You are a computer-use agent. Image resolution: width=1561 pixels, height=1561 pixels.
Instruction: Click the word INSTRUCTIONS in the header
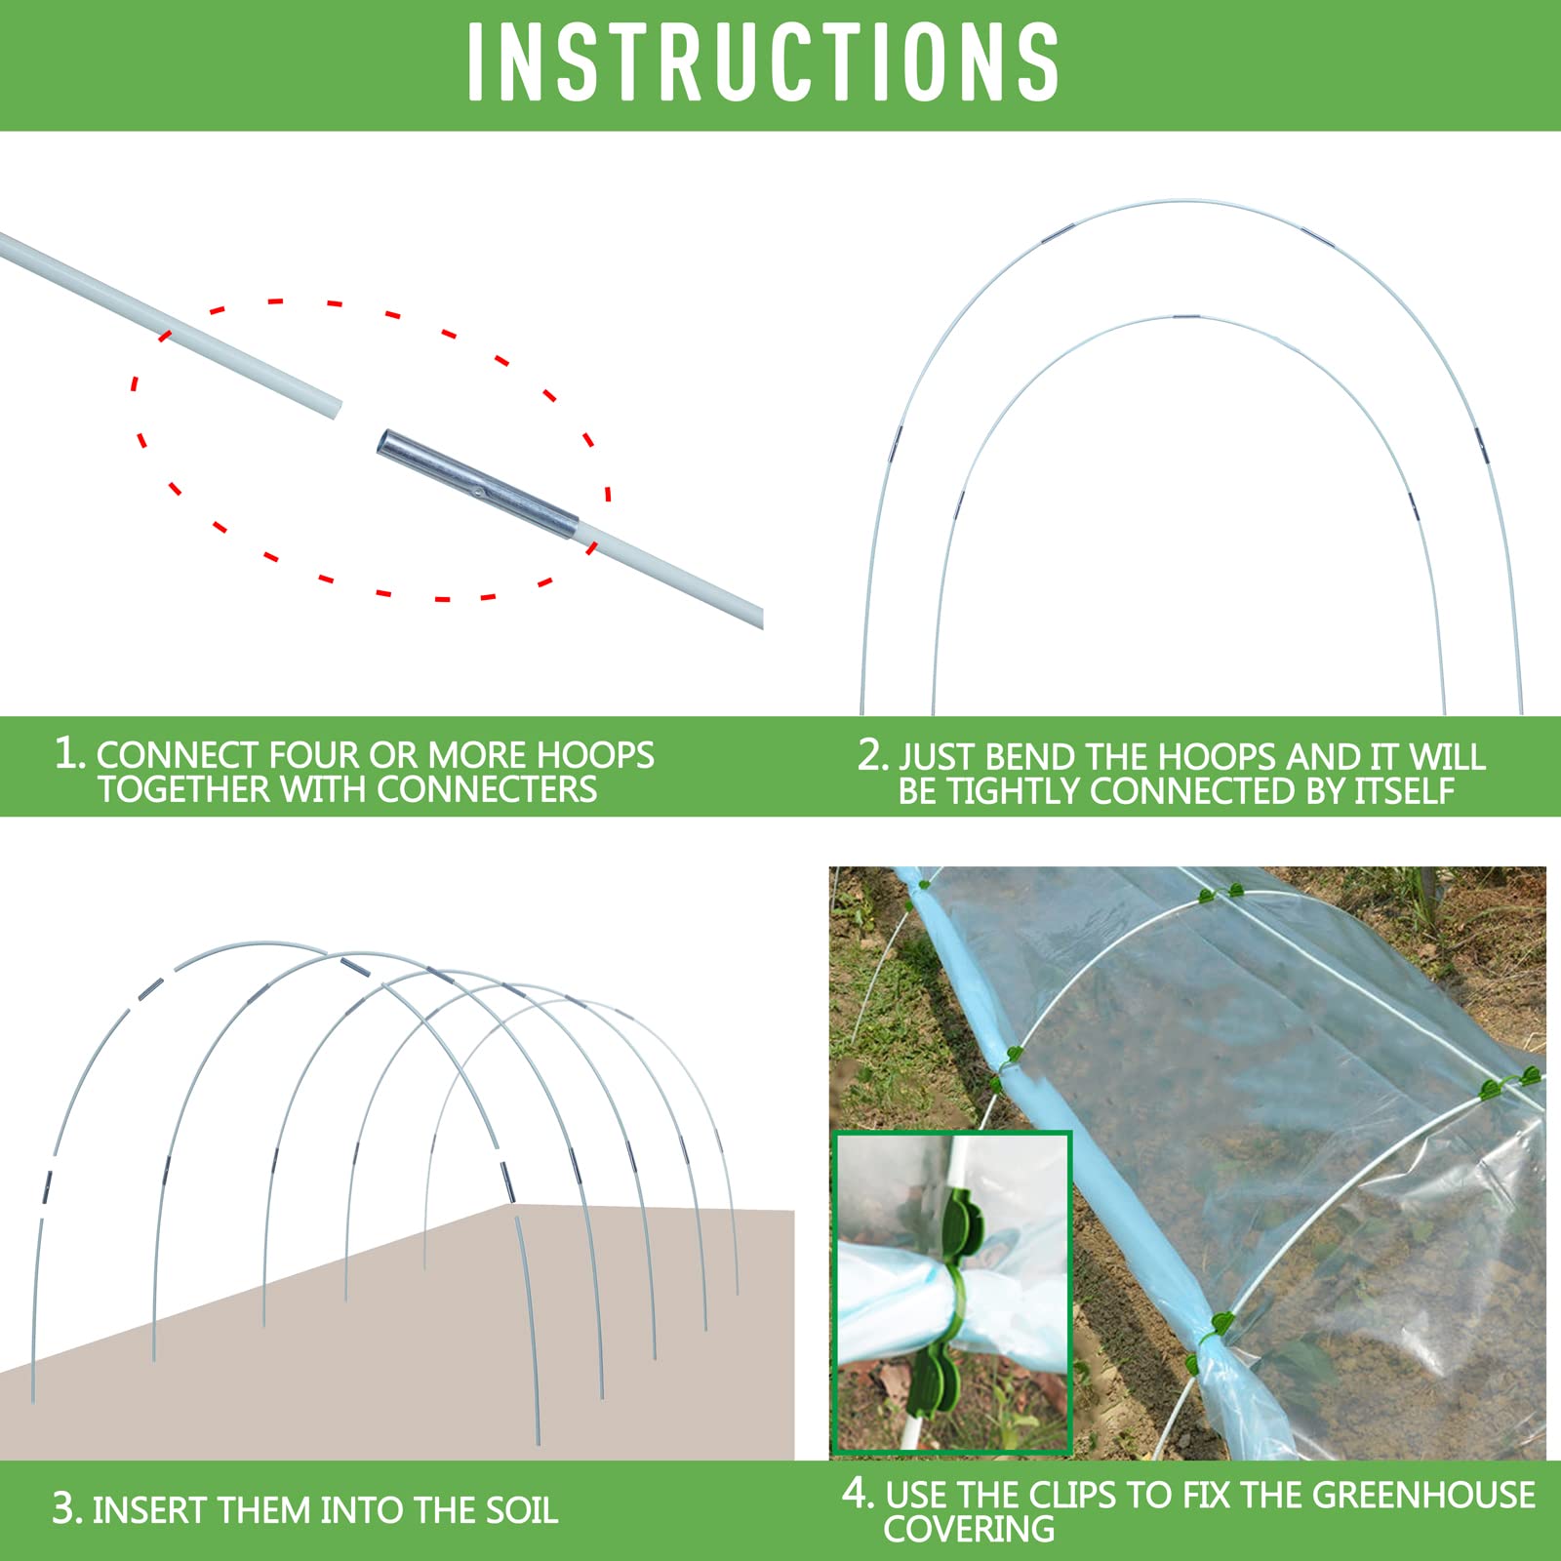pos(763,62)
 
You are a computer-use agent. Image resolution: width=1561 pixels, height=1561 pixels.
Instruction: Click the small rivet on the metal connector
pos(477,494)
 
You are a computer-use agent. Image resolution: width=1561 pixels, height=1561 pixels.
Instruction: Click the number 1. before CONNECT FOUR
pos(70,753)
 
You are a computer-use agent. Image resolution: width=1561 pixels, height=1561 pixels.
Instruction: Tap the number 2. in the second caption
pos(872,755)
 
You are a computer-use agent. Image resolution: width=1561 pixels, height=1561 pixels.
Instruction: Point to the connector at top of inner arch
pos(1185,317)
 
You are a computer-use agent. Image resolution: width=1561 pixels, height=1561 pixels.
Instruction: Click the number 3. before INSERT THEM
pos(67,1509)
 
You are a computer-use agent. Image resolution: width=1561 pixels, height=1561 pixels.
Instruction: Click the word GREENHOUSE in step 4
pos(1423,1495)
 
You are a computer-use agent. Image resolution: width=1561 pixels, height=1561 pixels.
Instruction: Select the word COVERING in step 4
pos(968,1529)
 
